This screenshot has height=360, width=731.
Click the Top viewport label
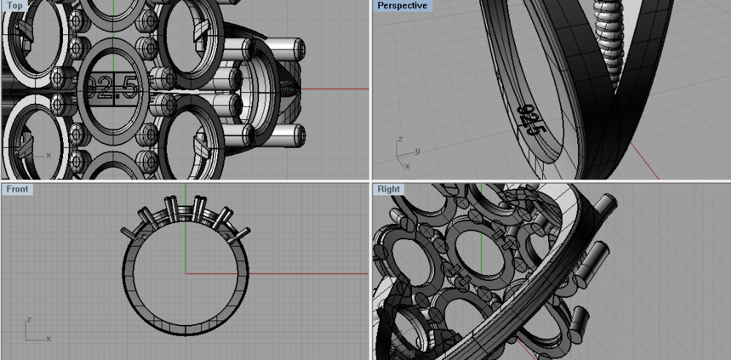[15, 6]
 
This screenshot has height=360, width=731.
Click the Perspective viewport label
[402, 6]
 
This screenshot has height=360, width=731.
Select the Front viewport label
[18, 190]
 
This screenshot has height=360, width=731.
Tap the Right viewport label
[389, 190]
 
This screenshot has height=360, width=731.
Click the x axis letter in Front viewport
[48, 339]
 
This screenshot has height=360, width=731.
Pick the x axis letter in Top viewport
[48, 155]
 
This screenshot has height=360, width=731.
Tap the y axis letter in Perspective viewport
[416, 151]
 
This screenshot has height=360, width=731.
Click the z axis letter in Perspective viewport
[400, 139]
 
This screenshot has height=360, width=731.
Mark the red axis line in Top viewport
[333, 89]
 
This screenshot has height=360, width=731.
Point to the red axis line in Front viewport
[307, 274]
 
